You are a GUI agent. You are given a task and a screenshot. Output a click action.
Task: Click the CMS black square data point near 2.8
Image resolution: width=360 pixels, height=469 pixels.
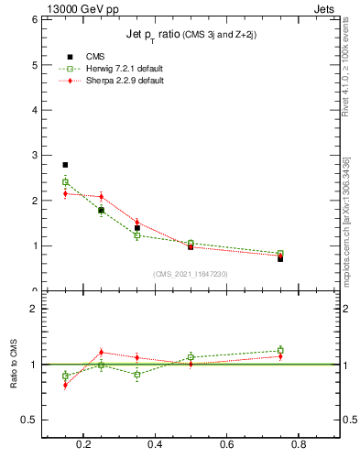click(x=65, y=165)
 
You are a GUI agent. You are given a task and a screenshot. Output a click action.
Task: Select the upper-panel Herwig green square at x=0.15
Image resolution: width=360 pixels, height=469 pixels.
click(x=65, y=181)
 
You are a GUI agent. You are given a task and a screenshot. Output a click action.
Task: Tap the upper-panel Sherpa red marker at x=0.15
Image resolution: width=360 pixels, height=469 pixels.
click(x=65, y=193)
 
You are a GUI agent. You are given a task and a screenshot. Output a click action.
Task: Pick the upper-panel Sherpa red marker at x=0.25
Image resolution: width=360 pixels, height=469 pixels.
click(x=101, y=196)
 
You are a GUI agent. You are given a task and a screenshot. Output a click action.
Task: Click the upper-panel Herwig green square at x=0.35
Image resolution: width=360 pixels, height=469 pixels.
click(x=136, y=235)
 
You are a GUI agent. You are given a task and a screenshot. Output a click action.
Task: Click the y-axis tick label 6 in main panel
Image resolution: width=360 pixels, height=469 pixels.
click(x=33, y=19)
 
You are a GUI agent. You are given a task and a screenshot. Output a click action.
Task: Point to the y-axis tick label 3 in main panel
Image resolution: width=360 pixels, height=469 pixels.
click(x=33, y=155)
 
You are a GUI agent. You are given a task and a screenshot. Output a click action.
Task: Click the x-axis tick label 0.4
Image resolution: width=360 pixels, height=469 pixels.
click(x=155, y=446)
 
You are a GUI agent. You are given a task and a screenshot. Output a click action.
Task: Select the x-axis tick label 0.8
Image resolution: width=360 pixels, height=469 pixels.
click(x=298, y=446)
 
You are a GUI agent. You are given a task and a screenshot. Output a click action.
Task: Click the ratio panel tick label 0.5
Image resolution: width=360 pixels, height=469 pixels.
click(x=27, y=420)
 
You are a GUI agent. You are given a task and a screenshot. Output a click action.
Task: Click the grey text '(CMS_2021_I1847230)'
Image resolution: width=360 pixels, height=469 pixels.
click(x=191, y=274)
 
